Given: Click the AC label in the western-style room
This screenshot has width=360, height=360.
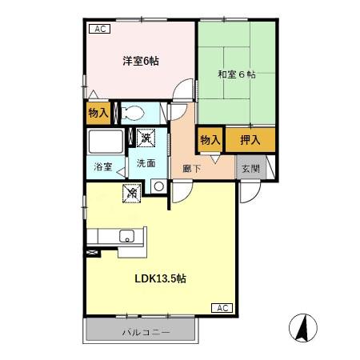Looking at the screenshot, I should click(x=100, y=30).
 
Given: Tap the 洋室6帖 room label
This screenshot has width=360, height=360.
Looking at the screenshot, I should click(x=140, y=62).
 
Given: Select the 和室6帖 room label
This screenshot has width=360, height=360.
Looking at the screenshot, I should click(x=236, y=74).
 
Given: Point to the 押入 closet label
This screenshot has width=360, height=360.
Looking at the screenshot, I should click(x=250, y=140).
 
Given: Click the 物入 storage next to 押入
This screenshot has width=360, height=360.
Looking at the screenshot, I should click(x=210, y=140).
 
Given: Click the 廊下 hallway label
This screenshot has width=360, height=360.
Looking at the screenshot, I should click(x=192, y=169).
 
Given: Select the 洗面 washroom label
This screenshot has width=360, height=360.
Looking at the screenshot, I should click(x=146, y=163).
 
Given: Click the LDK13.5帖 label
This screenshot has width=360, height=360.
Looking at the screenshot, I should click(x=162, y=279).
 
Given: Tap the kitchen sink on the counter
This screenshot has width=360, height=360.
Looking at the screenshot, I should click(x=126, y=236).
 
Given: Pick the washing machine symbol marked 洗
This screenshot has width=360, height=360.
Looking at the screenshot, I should click(x=146, y=138).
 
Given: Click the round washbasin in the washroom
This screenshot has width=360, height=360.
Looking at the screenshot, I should click(x=158, y=187).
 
